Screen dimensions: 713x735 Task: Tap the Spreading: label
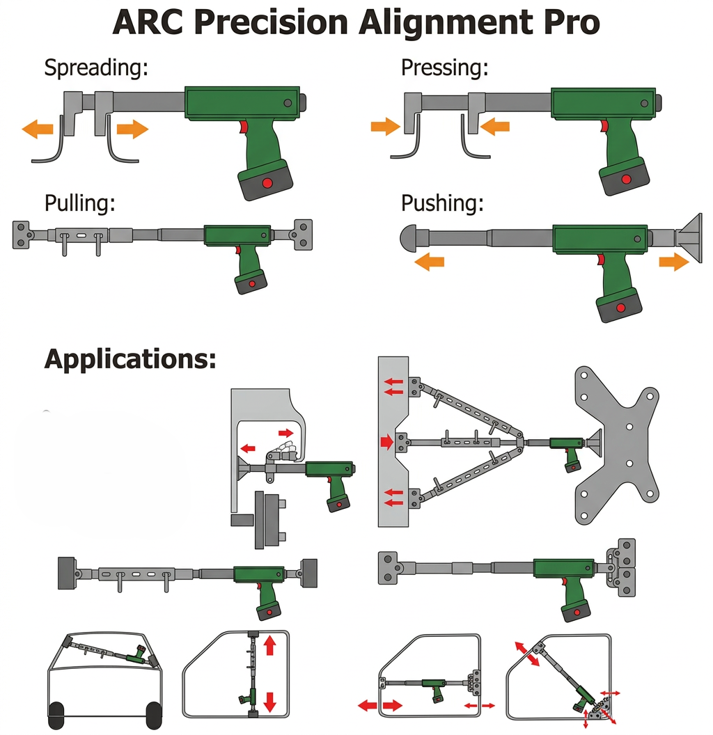tap(96, 68)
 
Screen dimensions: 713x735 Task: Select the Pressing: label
tap(445, 68)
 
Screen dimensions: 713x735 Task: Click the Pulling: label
tap(80, 204)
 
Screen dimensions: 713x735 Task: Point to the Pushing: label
tap(442, 204)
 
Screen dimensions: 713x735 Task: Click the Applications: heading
tap(130, 360)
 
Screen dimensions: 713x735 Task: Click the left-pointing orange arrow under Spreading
tap(38, 129)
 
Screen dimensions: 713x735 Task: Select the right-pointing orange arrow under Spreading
tap(133, 129)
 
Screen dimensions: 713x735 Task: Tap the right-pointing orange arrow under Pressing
tap(385, 126)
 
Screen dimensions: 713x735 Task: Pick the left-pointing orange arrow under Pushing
tap(429, 261)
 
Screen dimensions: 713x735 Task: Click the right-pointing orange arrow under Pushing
tap(674, 262)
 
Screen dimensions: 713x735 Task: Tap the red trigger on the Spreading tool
tap(244, 127)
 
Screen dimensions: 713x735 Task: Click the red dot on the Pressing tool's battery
tap(626, 180)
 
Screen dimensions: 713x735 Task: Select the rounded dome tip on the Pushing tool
tap(409, 238)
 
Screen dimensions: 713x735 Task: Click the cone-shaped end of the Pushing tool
tap(689, 238)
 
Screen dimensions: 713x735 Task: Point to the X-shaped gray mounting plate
tap(617, 445)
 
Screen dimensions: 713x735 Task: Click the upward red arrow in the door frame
tap(269, 645)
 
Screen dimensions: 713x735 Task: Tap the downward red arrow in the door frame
tap(269, 702)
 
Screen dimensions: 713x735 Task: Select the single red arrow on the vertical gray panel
tap(387, 441)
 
